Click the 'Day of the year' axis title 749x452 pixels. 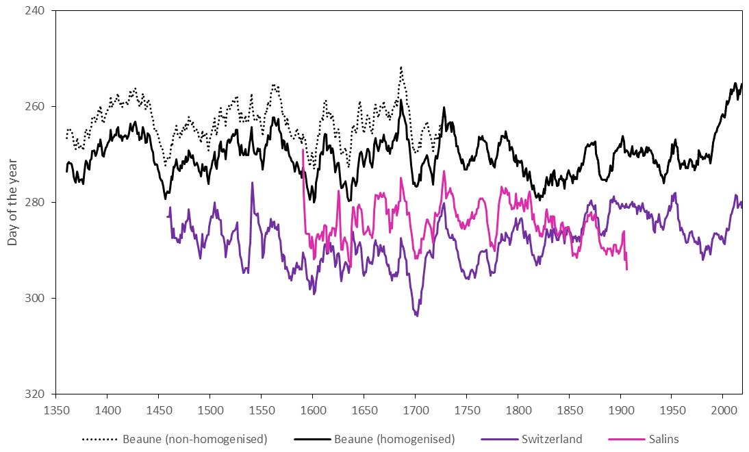pos(12,202)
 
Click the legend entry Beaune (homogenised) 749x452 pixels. pos(393,439)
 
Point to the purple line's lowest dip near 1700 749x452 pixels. pos(416,315)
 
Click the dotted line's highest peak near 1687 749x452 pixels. pos(401,68)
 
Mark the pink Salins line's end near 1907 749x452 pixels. pos(626,269)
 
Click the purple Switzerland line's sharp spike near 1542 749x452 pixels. pos(253,183)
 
